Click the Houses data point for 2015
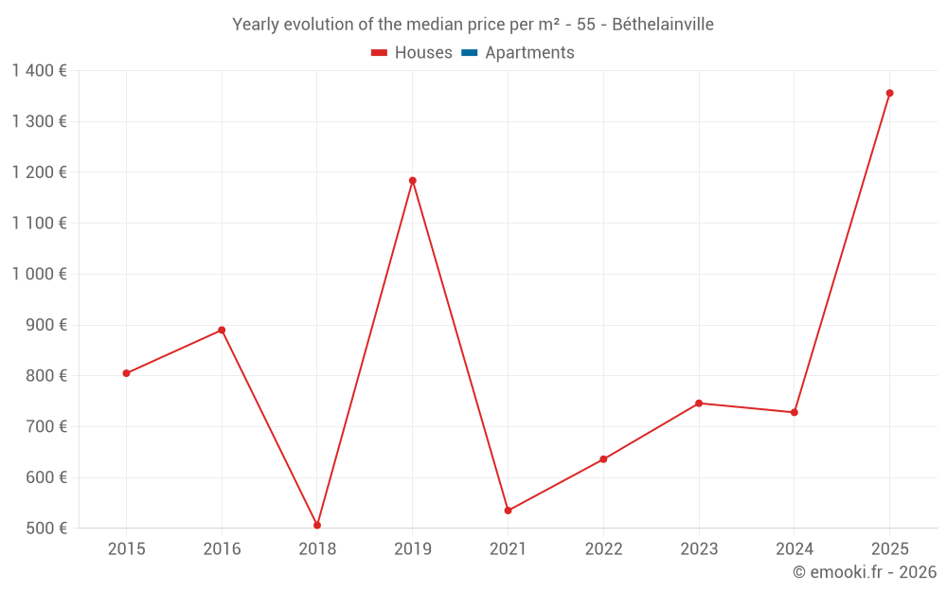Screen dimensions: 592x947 pyautogui.click(x=126, y=373)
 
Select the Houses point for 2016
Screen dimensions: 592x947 pyautogui.click(x=222, y=330)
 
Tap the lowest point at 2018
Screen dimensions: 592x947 pyautogui.click(x=317, y=525)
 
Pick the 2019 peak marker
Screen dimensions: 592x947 pyautogui.click(x=413, y=180)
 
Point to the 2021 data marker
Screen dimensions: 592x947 pyautogui.click(x=508, y=511)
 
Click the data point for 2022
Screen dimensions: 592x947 pyautogui.click(x=603, y=459)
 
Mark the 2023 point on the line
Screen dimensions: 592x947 pyautogui.click(x=699, y=404)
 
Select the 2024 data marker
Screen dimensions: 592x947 pyautogui.click(x=795, y=412)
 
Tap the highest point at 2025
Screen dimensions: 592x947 pyautogui.click(x=889, y=93)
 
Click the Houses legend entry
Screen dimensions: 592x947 pyautogui.click(x=412, y=53)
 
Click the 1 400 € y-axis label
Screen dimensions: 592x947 pyautogui.click(x=39, y=70)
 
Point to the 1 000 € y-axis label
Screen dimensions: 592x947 pyautogui.click(x=39, y=274)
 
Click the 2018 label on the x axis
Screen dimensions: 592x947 pyautogui.click(x=317, y=549)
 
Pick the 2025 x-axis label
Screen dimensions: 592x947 pyautogui.click(x=889, y=549)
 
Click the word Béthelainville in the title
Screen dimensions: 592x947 pyautogui.click(x=663, y=25)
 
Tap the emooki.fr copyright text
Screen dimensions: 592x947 pyautogui.click(x=865, y=572)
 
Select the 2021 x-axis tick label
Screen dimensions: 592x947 pyautogui.click(x=508, y=549)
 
